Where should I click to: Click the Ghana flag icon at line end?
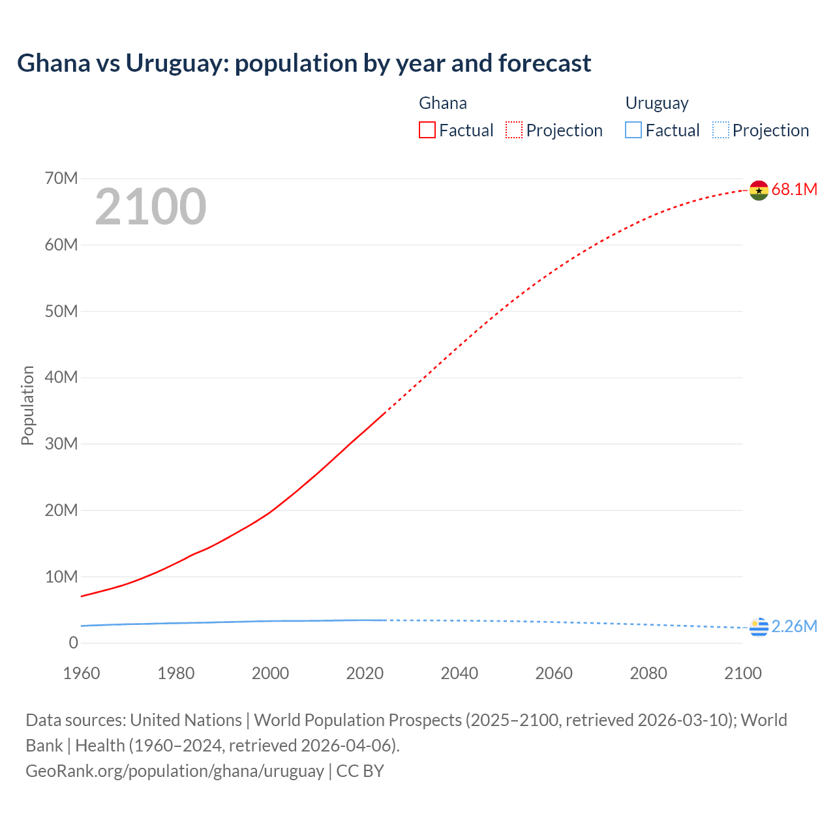(759, 190)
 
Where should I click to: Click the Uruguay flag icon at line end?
(759, 627)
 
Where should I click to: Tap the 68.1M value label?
(794, 190)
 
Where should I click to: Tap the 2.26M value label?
(794, 627)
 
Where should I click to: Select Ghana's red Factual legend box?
(427, 130)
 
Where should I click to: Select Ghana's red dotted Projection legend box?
(514, 130)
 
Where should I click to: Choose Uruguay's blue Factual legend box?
(633, 130)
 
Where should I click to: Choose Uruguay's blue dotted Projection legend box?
(720, 130)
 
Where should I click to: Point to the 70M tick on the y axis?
(61, 179)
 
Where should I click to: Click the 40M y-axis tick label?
(61, 378)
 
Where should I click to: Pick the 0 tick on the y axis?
(73, 643)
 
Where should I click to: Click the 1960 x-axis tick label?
(82, 673)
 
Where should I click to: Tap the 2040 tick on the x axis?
(459, 673)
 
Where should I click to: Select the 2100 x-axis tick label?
(742, 673)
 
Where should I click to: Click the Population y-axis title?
(27, 406)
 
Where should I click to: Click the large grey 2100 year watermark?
(151, 207)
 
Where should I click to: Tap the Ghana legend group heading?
(442, 103)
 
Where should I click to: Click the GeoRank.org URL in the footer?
(175, 771)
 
